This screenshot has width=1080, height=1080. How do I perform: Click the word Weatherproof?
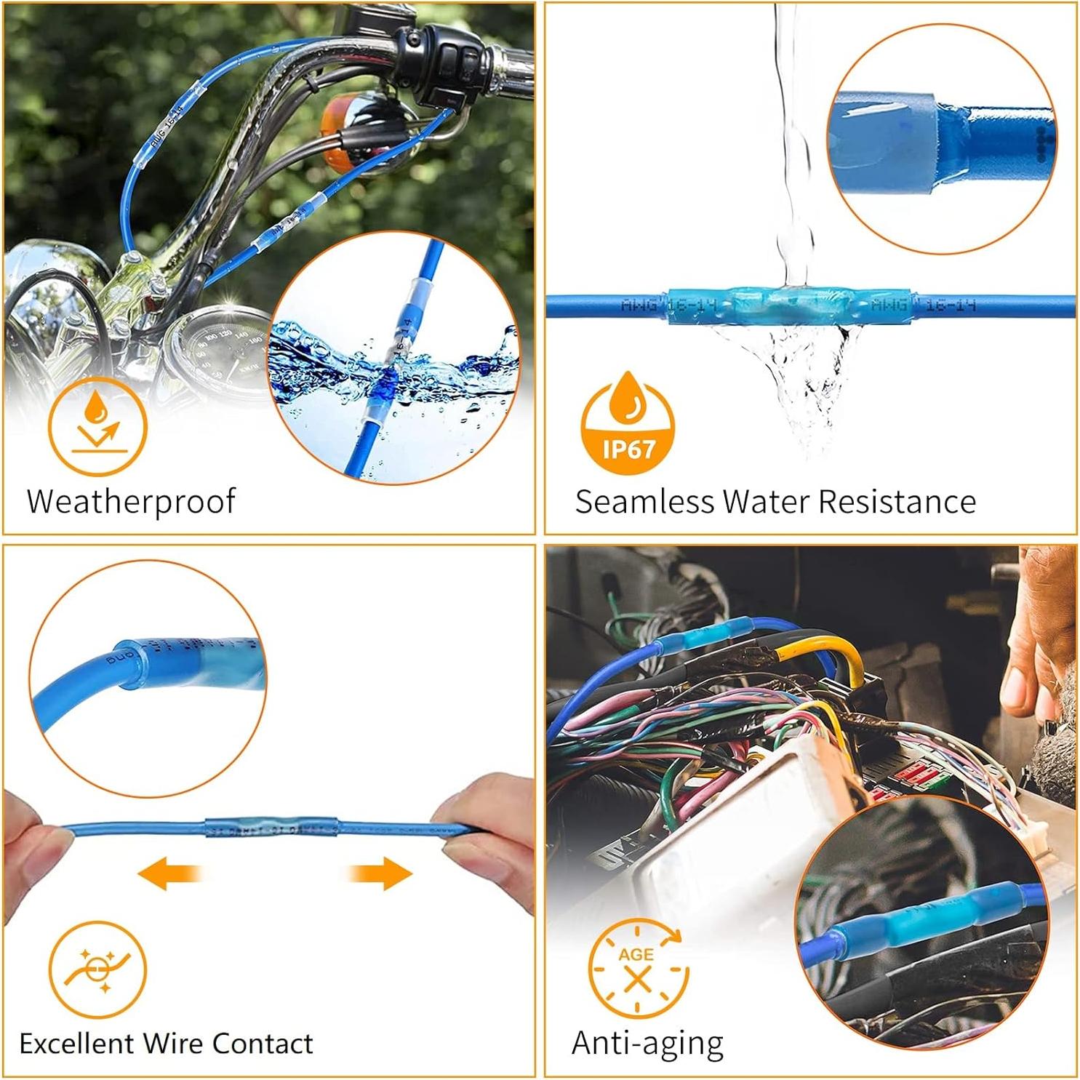click(x=131, y=501)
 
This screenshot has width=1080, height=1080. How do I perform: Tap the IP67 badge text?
click(x=628, y=448)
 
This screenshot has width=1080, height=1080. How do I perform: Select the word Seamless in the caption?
click(x=644, y=501)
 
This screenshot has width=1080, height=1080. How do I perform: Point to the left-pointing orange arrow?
click(x=170, y=872)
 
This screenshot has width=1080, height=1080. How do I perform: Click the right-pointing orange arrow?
click(x=380, y=872)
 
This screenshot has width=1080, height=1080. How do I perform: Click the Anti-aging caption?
click(x=647, y=1043)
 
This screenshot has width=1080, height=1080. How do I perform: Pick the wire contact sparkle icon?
click(x=97, y=969)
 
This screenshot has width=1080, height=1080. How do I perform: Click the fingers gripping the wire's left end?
click(x=33, y=836)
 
